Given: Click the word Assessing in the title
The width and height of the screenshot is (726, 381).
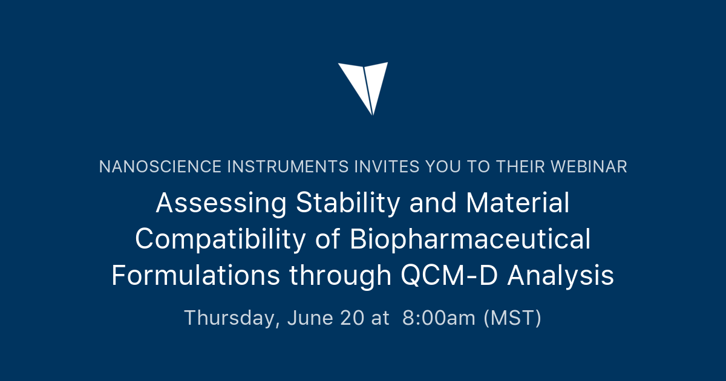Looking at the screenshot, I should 221,204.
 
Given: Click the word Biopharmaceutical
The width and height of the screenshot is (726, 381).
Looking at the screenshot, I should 470,240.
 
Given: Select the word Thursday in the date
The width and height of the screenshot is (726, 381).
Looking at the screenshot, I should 232,318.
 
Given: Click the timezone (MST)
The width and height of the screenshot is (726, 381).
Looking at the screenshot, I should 512,318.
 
